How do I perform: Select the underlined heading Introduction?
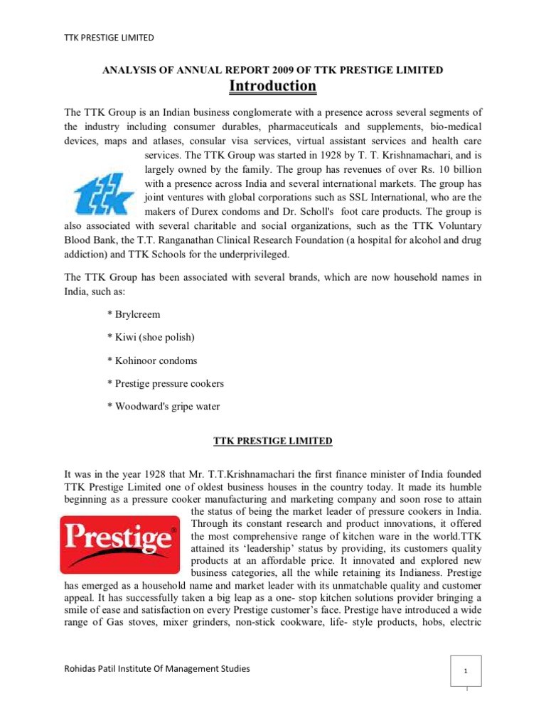point(272,86)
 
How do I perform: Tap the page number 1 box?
point(465,670)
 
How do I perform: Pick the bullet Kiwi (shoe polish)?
point(151,338)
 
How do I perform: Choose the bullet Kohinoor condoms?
point(152,360)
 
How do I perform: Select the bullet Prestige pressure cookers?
point(165,383)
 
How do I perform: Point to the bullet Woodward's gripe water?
point(163,406)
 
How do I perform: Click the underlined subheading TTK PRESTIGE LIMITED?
point(273,441)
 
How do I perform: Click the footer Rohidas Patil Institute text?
point(157,668)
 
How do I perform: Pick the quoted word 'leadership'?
point(266,550)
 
